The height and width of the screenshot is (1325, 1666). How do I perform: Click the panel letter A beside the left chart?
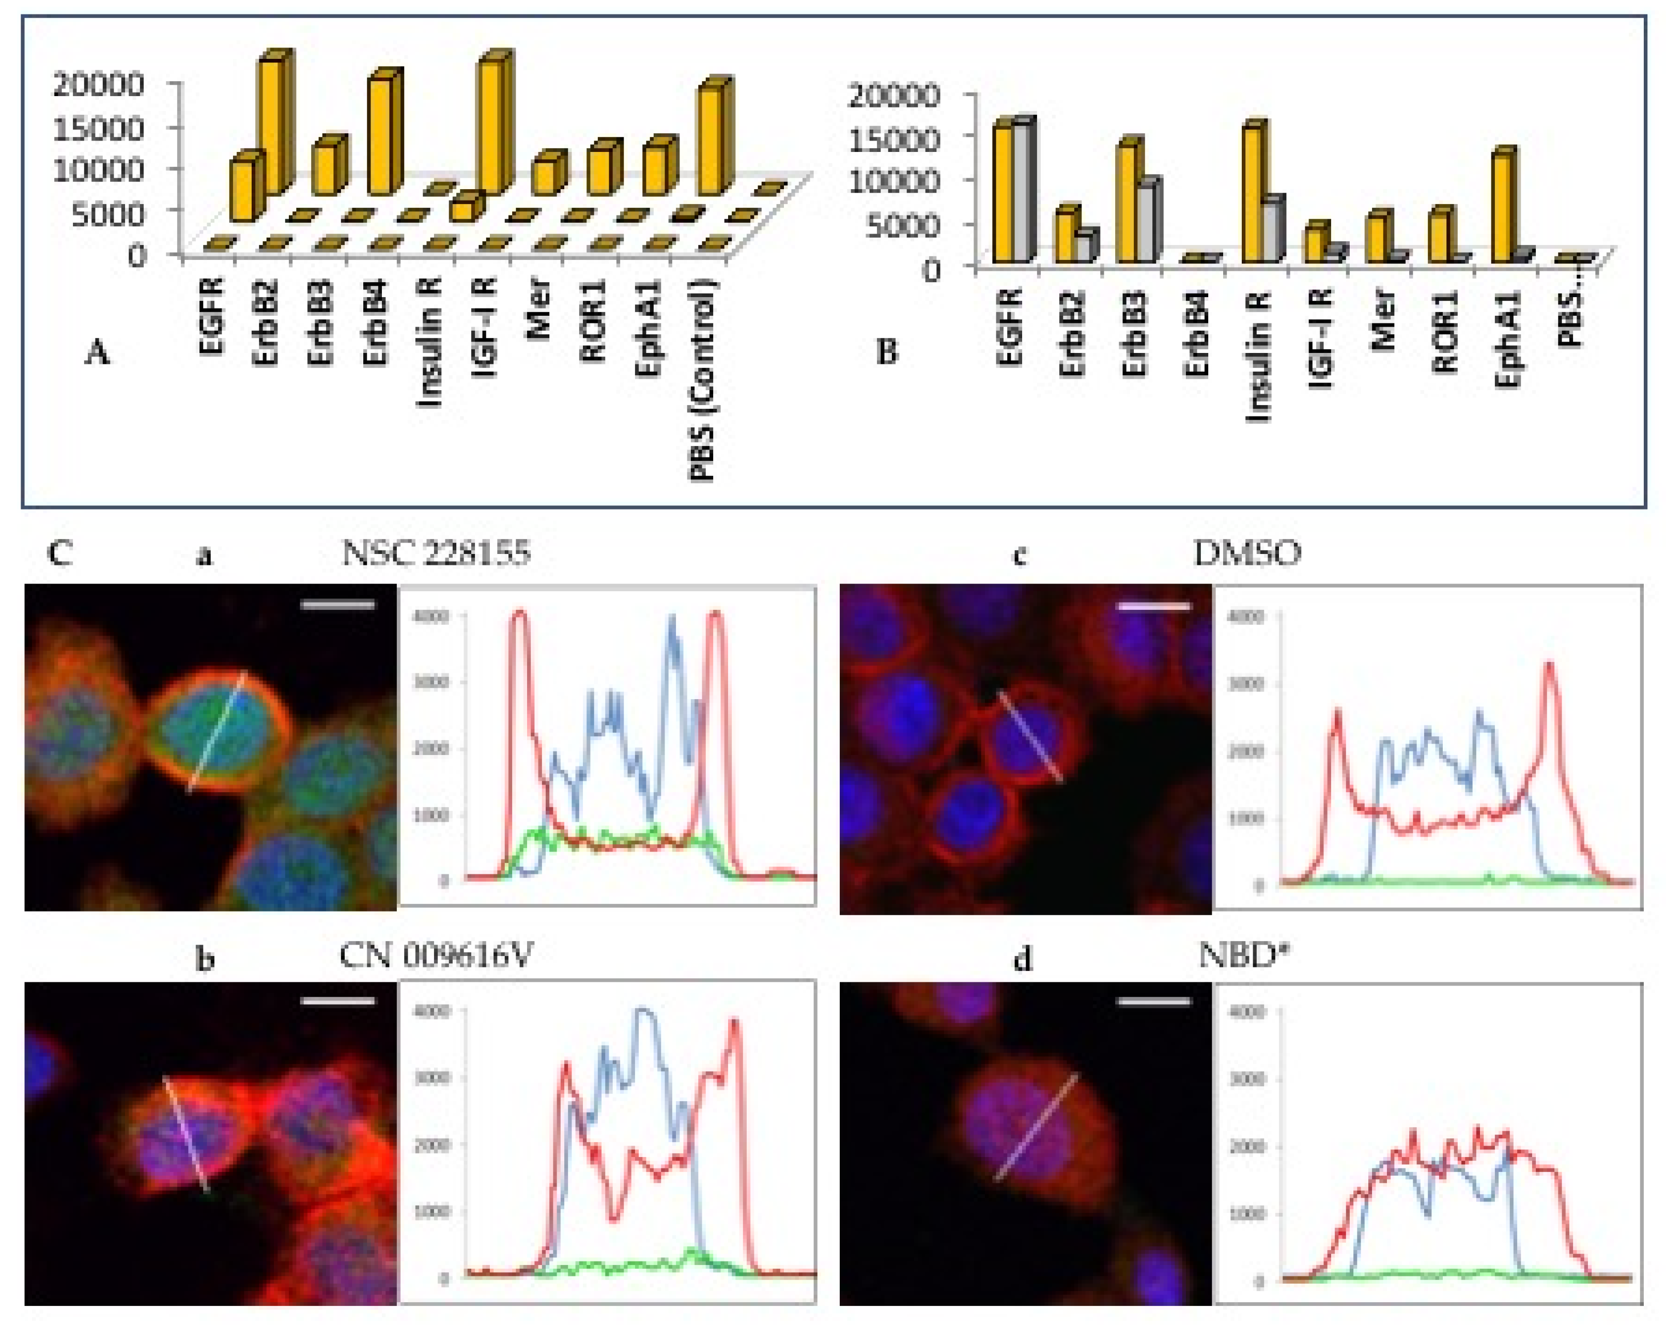[x=97, y=354]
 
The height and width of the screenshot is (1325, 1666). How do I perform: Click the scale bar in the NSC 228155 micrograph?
[x=337, y=605]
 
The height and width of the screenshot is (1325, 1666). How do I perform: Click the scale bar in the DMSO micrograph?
[x=1154, y=607]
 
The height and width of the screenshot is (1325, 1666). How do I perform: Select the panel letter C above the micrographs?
[x=60, y=554]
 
